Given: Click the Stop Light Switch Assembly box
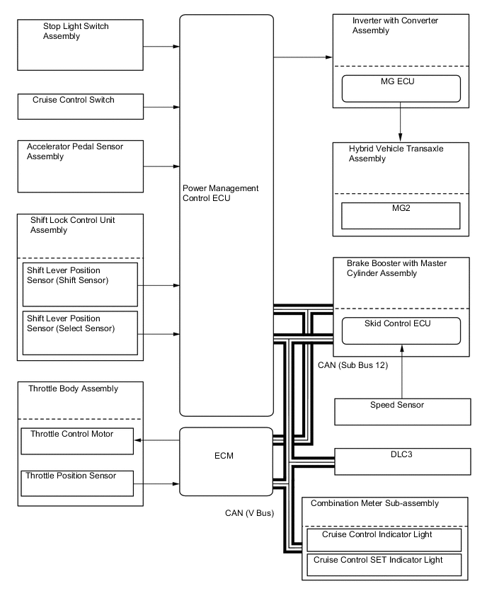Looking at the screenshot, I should [80, 45].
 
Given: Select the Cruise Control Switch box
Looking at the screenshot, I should [80, 106].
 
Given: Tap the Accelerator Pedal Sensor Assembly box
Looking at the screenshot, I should [80, 166].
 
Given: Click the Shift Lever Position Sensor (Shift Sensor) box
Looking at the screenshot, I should [80, 285].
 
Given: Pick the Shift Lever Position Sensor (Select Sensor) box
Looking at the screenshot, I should [80, 332].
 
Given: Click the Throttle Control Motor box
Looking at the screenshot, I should [77, 440].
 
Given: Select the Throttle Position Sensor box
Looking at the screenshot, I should [77, 483].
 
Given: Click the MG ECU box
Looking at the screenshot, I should [401, 88].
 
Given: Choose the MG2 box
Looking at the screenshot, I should [401, 215].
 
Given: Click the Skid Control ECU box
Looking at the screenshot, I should [401, 331].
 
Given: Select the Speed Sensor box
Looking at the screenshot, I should [402, 411].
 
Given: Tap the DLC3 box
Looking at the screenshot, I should [402, 461].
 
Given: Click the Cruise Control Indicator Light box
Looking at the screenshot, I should [383, 540].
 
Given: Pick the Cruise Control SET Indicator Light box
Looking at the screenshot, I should [383, 564].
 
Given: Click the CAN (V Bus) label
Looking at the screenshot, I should [245, 512].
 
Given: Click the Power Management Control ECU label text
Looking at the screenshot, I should [221, 193].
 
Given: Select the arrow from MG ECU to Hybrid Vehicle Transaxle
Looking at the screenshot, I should [401, 122].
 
